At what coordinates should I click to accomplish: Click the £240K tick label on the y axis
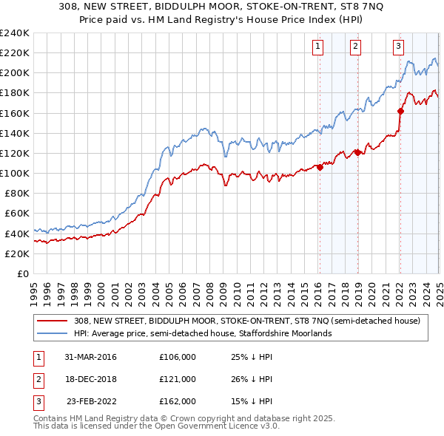coord(14,33)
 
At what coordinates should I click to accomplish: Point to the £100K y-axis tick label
coord(14,173)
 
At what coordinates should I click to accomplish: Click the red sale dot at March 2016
coord(320,167)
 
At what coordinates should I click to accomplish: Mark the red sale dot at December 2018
coord(357,152)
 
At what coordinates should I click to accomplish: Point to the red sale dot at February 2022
coord(400,111)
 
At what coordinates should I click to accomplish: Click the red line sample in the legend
coord(53,321)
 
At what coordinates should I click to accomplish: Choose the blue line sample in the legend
coord(53,333)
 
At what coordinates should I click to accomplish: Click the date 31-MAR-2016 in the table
coord(91,357)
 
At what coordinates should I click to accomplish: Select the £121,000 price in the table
coord(177,379)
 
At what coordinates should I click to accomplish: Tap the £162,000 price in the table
coord(177,401)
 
